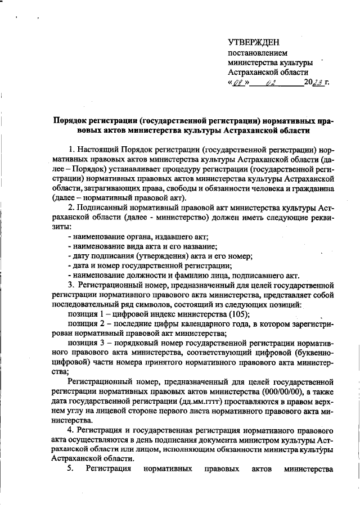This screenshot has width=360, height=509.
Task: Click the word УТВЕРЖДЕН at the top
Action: coord(253,42)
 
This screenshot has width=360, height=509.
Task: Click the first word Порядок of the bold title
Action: coord(72,120)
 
